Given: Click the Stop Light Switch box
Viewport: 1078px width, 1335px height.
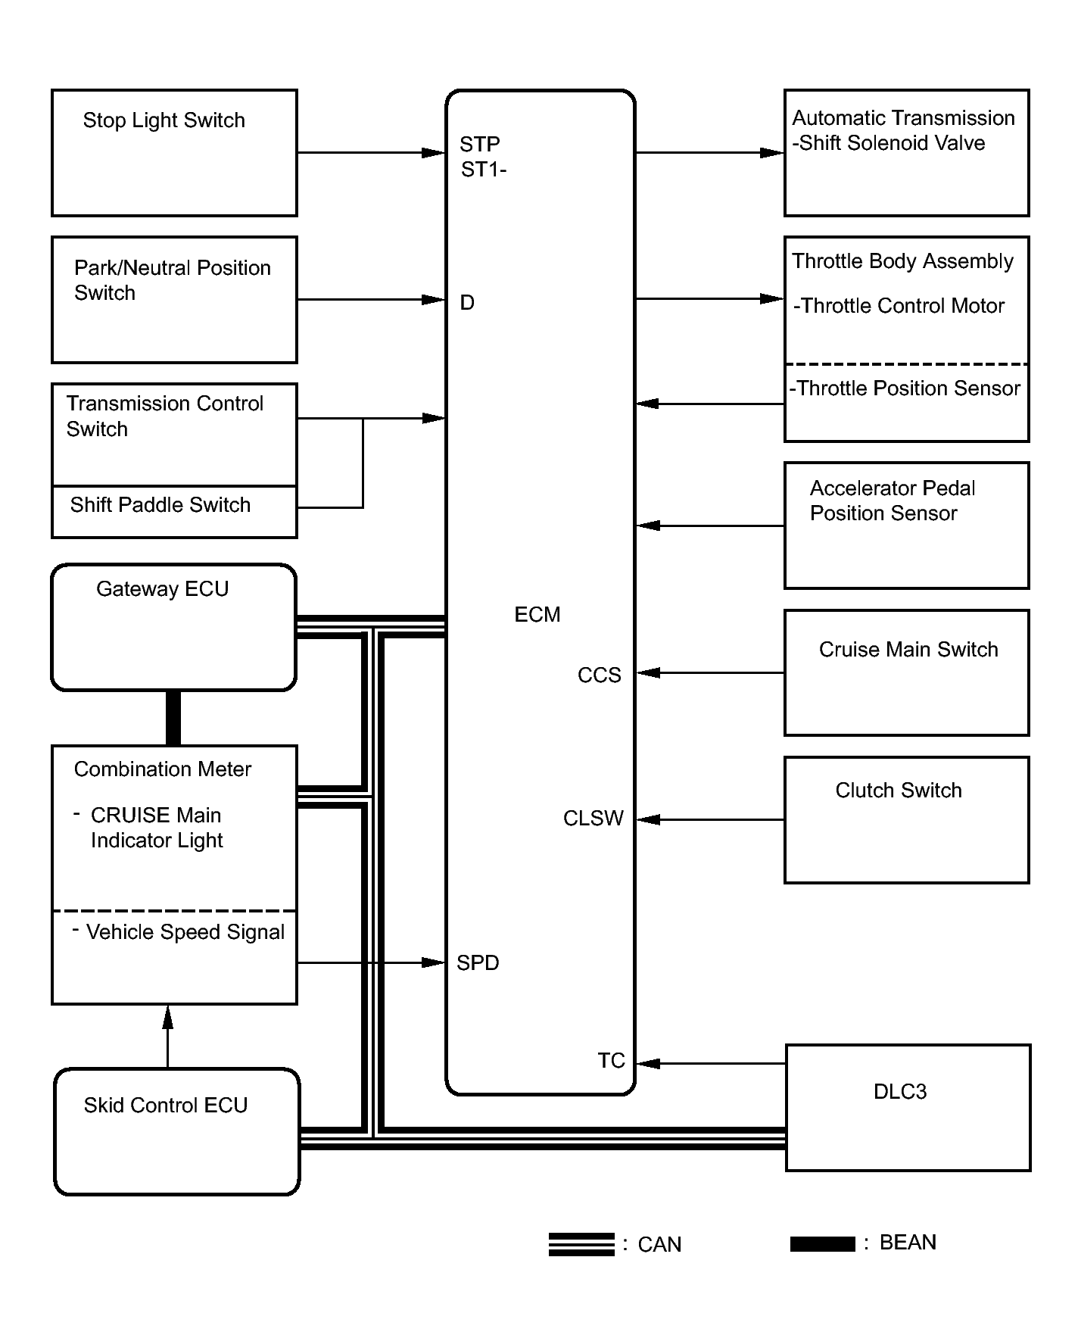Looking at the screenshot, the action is point(174,153).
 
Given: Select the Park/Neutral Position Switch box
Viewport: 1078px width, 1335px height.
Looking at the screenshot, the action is point(174,300).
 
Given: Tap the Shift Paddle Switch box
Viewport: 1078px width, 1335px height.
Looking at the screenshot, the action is point(174,512).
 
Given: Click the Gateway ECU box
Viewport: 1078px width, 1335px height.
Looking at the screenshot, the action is point(173,628).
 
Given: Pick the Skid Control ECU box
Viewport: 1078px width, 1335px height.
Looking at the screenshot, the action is point(176,1131).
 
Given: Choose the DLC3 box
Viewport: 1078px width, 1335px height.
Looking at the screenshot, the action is point(908,1108).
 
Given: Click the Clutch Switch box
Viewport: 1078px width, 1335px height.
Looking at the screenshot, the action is point(907,820).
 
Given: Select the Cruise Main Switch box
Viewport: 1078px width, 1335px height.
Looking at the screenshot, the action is point(907,672).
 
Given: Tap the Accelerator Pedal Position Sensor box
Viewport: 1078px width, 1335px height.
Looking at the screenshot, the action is point(907,526).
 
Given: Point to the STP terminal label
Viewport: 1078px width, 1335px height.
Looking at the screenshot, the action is point(480,144).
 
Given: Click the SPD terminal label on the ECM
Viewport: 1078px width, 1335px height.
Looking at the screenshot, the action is point(478,963).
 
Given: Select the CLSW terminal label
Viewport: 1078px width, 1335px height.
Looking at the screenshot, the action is point(594,819).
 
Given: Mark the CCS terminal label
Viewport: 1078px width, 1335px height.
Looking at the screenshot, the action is point(600,675).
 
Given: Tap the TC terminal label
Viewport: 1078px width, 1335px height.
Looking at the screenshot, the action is point(612,1061).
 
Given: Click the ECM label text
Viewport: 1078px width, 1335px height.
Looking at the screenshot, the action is point(537,614).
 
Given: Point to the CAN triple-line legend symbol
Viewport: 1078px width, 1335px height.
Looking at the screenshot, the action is point(581,1245).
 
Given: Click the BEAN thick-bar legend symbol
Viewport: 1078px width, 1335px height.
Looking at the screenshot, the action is point(823,1244).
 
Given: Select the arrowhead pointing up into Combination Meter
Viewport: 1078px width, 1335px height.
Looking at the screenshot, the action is point(168,1017).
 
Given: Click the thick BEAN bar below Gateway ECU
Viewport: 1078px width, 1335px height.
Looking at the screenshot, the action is point(173,718).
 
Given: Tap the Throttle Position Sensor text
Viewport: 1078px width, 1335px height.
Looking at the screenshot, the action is point(905,388).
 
